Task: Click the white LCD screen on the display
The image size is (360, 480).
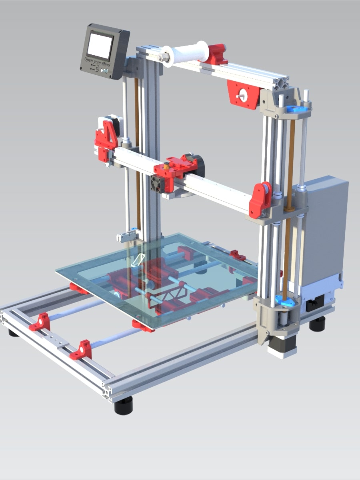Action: [x=100, y=46]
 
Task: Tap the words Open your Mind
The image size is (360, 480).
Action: [x=97, y=62]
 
